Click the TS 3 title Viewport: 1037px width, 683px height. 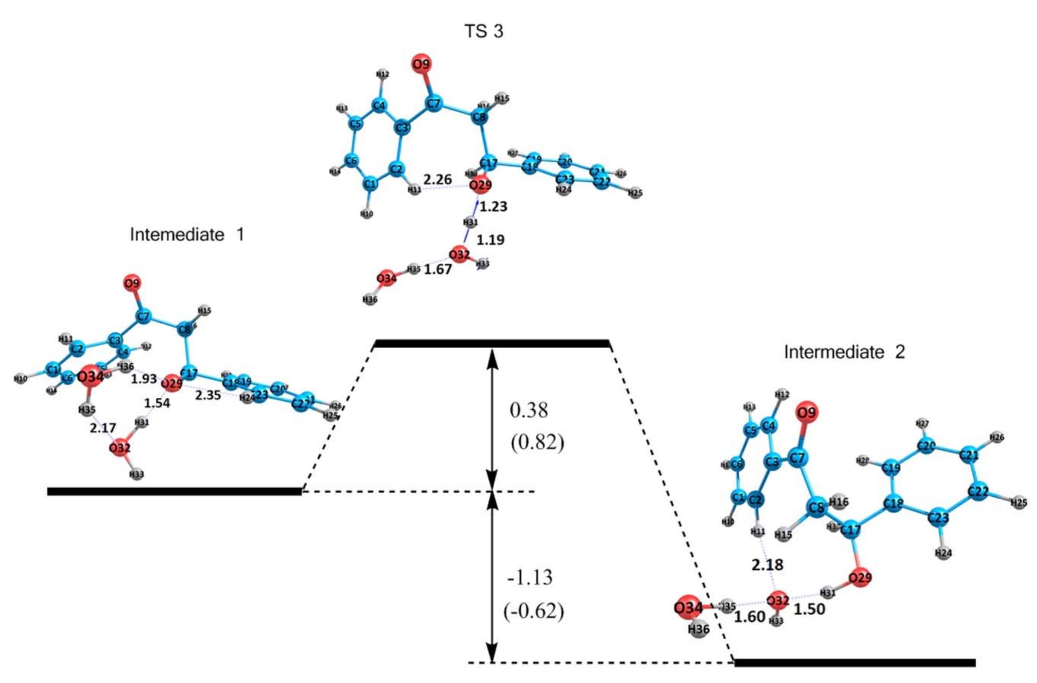483,31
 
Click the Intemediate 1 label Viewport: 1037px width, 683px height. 187,234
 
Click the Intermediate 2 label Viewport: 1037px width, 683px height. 844,352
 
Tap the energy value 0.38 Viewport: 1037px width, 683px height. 529,410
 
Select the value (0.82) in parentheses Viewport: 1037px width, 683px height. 537,442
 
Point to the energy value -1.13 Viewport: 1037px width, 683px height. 530,577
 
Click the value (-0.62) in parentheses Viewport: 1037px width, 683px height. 533,611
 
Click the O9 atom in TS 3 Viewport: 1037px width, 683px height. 421,64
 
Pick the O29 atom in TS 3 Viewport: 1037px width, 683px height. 480,185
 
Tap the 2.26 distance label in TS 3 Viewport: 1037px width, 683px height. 437,179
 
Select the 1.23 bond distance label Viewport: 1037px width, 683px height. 493,207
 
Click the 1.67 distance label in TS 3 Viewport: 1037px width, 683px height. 438,269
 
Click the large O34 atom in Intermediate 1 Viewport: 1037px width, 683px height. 90,377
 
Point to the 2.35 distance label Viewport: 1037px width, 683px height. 208,395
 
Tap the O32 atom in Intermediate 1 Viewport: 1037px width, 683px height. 120,448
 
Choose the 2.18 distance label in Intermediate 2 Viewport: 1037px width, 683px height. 767,564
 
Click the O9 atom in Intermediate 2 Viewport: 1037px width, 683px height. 807,413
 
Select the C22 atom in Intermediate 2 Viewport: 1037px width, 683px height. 978,491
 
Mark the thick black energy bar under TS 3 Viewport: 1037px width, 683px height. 491,344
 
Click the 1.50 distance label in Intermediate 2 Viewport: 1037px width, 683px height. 809,609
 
